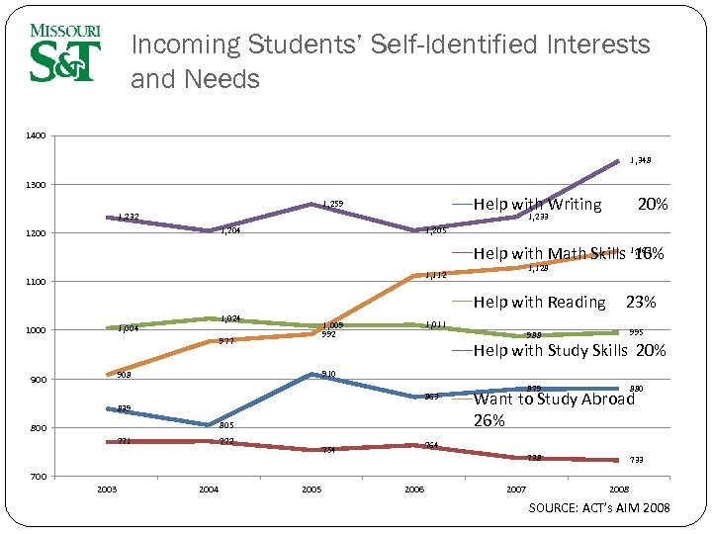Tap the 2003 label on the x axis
(x=107, y=489)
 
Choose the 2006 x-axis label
(x=413, y=489)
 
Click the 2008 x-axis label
(x=619, y=489)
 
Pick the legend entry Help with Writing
(x=537, y=205)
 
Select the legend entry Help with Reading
(x=539, y=302)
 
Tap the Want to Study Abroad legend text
(x=554, y=399)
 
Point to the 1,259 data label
(x=333, y=205)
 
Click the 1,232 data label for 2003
(x=129, y=216)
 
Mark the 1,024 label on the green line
(x=231, y=318)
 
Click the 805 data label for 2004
(x=225, y=425)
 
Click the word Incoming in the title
(x=186, y=45)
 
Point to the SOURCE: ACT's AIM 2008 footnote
(x=599, y=508)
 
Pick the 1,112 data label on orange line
(x=435, y=275)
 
